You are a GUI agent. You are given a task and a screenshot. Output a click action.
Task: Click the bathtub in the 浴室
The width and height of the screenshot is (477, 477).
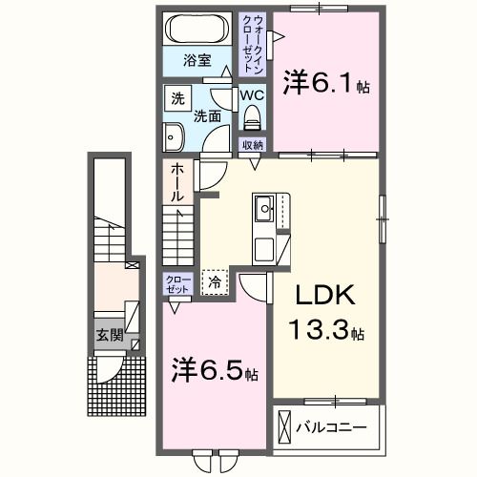pyautogui.click(x=197, y=30)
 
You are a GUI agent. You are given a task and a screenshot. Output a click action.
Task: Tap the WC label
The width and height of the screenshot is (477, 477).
pyautogui.click(x=252, y=96)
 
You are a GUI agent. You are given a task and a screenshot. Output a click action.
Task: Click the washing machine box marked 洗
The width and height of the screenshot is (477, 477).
pyautogui.click(x=177, y=98)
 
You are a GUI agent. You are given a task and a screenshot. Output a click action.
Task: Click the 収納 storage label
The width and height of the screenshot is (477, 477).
pyautogui.click(x=252, y=145)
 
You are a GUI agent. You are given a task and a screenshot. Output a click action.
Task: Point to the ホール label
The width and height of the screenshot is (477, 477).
pyautogui.click(x=177, y=182)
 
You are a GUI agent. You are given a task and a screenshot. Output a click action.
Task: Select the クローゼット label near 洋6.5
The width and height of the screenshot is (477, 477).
pyautogui.click(x=177, y=283)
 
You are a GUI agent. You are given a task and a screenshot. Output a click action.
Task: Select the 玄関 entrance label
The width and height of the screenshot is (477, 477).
pyautogui.click(x=108, y=335)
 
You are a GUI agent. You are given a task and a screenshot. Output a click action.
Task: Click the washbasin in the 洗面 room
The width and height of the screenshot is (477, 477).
pyautogui.click(x=173, y=136)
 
